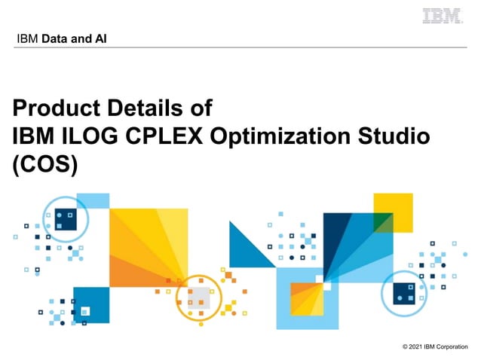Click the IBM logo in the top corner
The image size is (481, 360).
443,15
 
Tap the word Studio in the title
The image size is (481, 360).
394,136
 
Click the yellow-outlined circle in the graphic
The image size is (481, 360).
199,296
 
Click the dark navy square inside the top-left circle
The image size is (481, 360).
66,218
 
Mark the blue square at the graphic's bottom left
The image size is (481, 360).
90,305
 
